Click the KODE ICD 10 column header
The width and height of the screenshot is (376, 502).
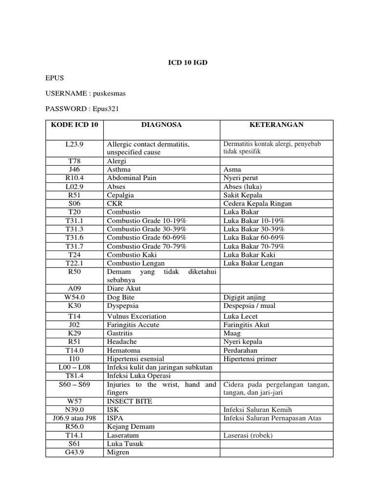[75, 125]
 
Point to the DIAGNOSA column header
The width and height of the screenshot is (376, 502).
[161, 125]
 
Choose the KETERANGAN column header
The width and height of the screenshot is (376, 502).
[276, 125]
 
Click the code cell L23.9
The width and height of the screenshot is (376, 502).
[75, 144]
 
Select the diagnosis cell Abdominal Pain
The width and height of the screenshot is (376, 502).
[132, 178]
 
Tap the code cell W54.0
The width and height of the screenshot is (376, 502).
[75, 297]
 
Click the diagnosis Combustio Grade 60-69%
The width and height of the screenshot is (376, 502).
[146, 238]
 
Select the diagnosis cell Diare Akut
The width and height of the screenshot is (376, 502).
[123, 289]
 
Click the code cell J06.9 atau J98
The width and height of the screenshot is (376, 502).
[75, 418]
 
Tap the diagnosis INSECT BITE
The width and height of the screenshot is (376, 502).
[129, 401]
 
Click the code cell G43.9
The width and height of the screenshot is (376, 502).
[75, 452]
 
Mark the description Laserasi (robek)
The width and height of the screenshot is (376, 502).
[248, 435]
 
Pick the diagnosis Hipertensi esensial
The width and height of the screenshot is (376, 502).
[135, 359]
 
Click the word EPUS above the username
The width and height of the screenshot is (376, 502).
[54, 78]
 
